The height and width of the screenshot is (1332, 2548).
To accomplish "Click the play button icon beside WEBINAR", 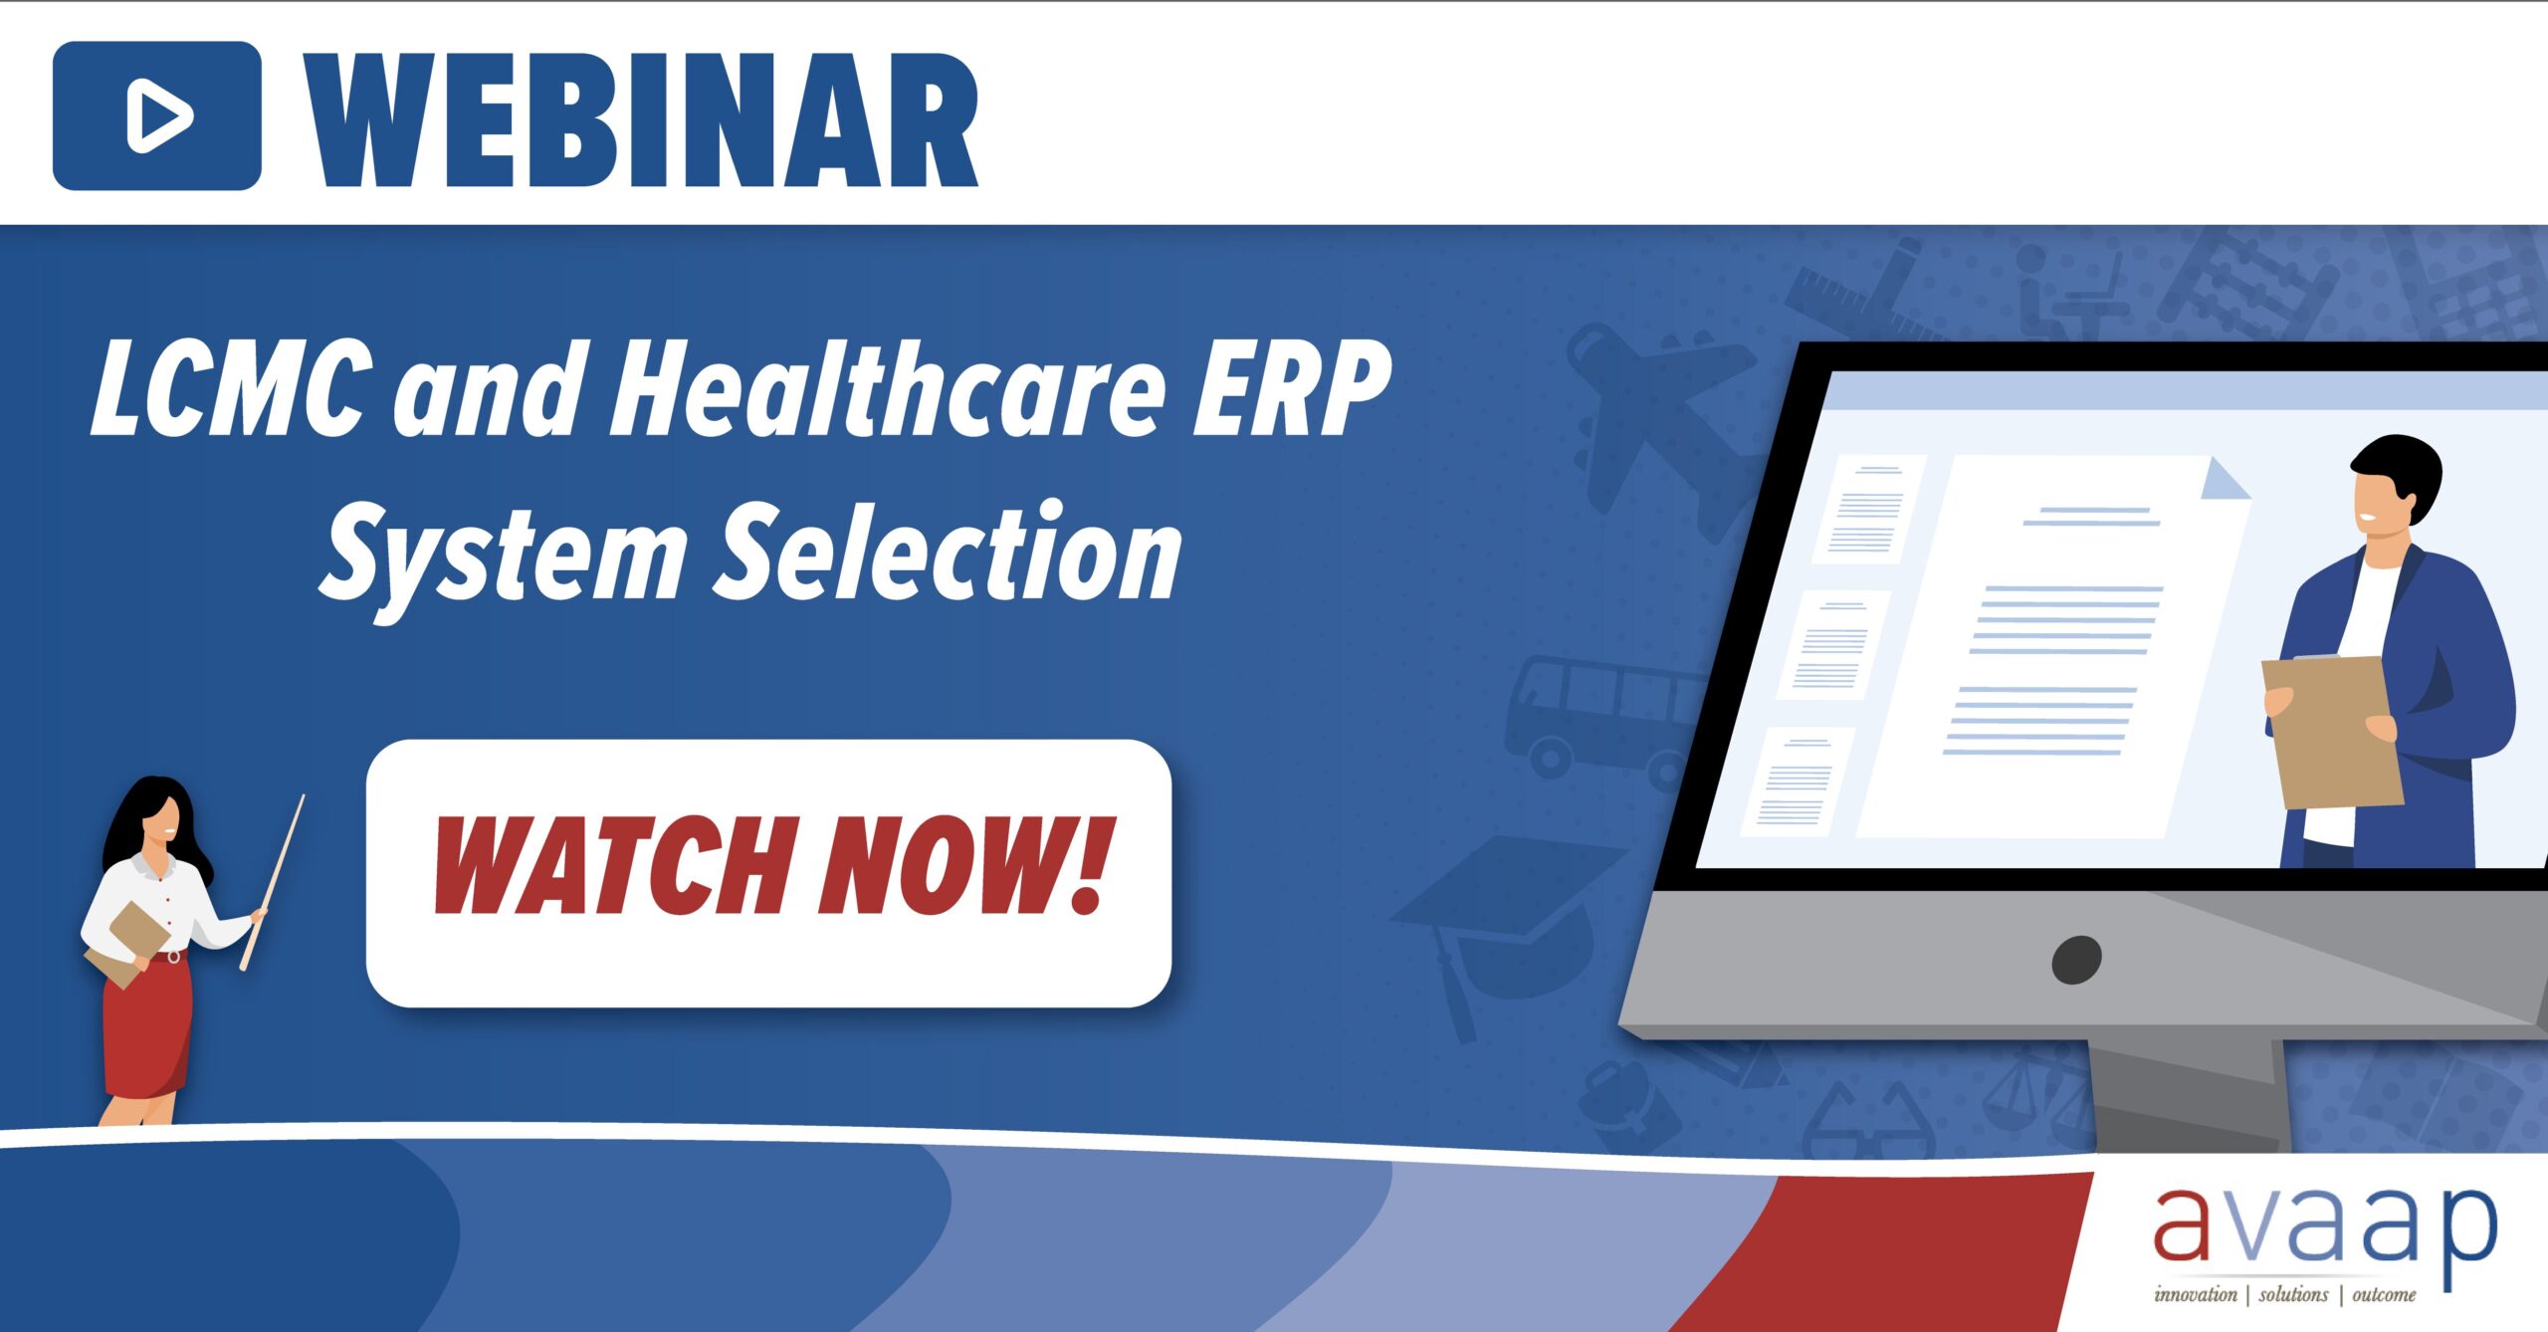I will (157, 116).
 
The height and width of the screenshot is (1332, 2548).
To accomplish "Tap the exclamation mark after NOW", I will (1089, 864).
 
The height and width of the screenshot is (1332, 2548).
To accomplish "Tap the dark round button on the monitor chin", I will (2076, 959).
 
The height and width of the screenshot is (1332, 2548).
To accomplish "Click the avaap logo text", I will (2324, 1230).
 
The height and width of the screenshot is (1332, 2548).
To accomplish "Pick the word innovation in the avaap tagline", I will (2195, 1294).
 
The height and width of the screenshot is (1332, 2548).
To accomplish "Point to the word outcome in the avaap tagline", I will (2384, 1294).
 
